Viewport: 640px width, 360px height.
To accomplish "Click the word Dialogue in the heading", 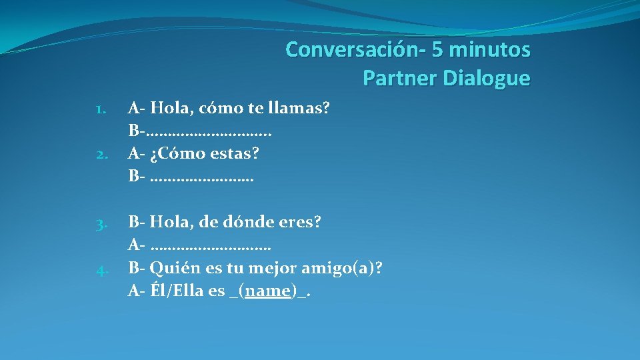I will pyautogui.click(x=487, y=79).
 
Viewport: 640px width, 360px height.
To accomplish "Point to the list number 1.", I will pyautogui.click(x=101, y=108).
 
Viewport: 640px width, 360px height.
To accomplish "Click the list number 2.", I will pyautogui.click(x=101, y=154).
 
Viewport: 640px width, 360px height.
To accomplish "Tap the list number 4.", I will pyautogui.click(x=101, y=270).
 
